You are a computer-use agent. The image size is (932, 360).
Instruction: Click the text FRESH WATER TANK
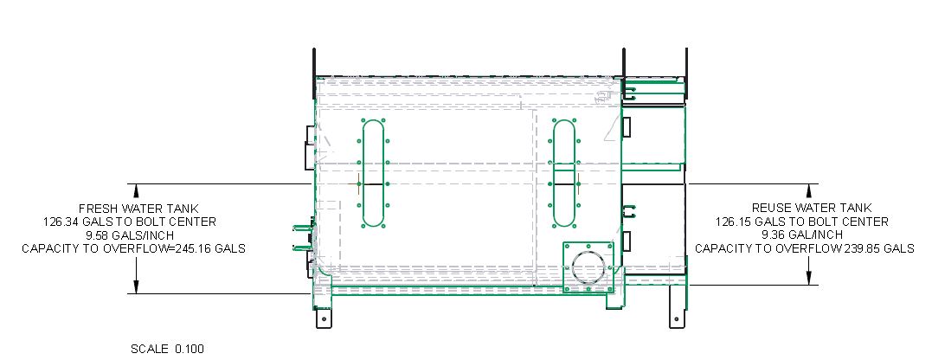point(138,209)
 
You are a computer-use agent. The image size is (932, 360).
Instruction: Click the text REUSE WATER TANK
point(812,208)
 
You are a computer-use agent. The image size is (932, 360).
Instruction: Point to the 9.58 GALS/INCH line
point(134,235)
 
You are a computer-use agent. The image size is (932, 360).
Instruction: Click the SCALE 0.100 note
point(168,349)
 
